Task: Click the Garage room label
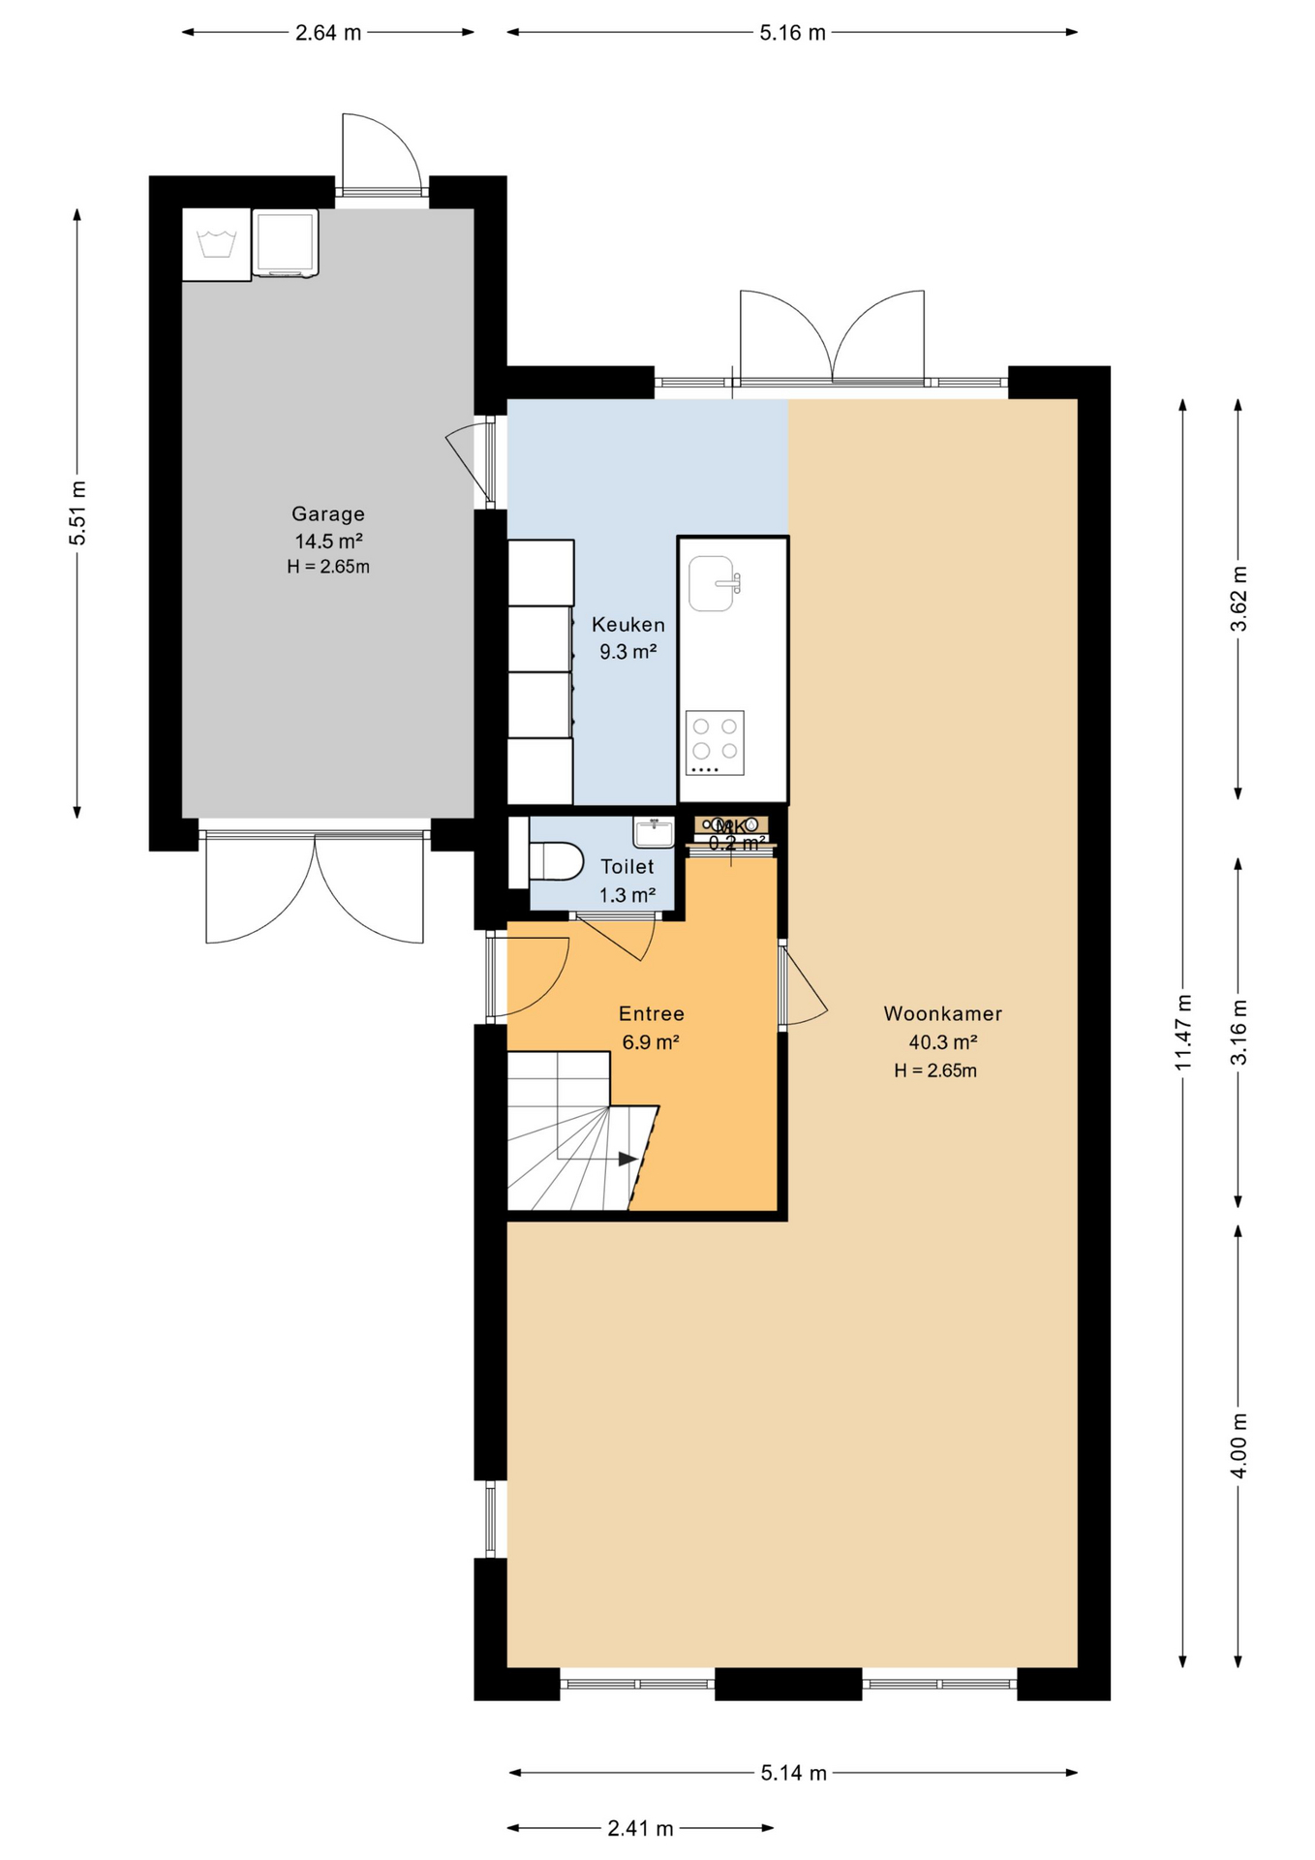pos(328,514)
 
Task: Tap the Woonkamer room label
pos(942,1014)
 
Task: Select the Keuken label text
pos(628,625)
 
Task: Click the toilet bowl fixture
pos(557,861)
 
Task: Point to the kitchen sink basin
pos(712,583)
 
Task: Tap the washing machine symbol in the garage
pos(216,244)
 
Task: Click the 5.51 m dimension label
pos(77,512)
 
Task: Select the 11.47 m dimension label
pos(1182,1033)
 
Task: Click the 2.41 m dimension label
pos(640,1828)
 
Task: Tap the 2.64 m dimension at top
pos(328,33)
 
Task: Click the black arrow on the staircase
pos(627,1159)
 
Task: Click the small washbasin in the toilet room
pos(654,831)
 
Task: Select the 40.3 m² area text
pos(942,1042)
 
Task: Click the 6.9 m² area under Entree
pos(651,1042)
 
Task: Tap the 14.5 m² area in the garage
pos(328,542)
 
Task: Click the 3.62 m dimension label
pos(1239,599)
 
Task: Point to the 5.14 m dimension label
pos(793,1773)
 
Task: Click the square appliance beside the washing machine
pos(286,243)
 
